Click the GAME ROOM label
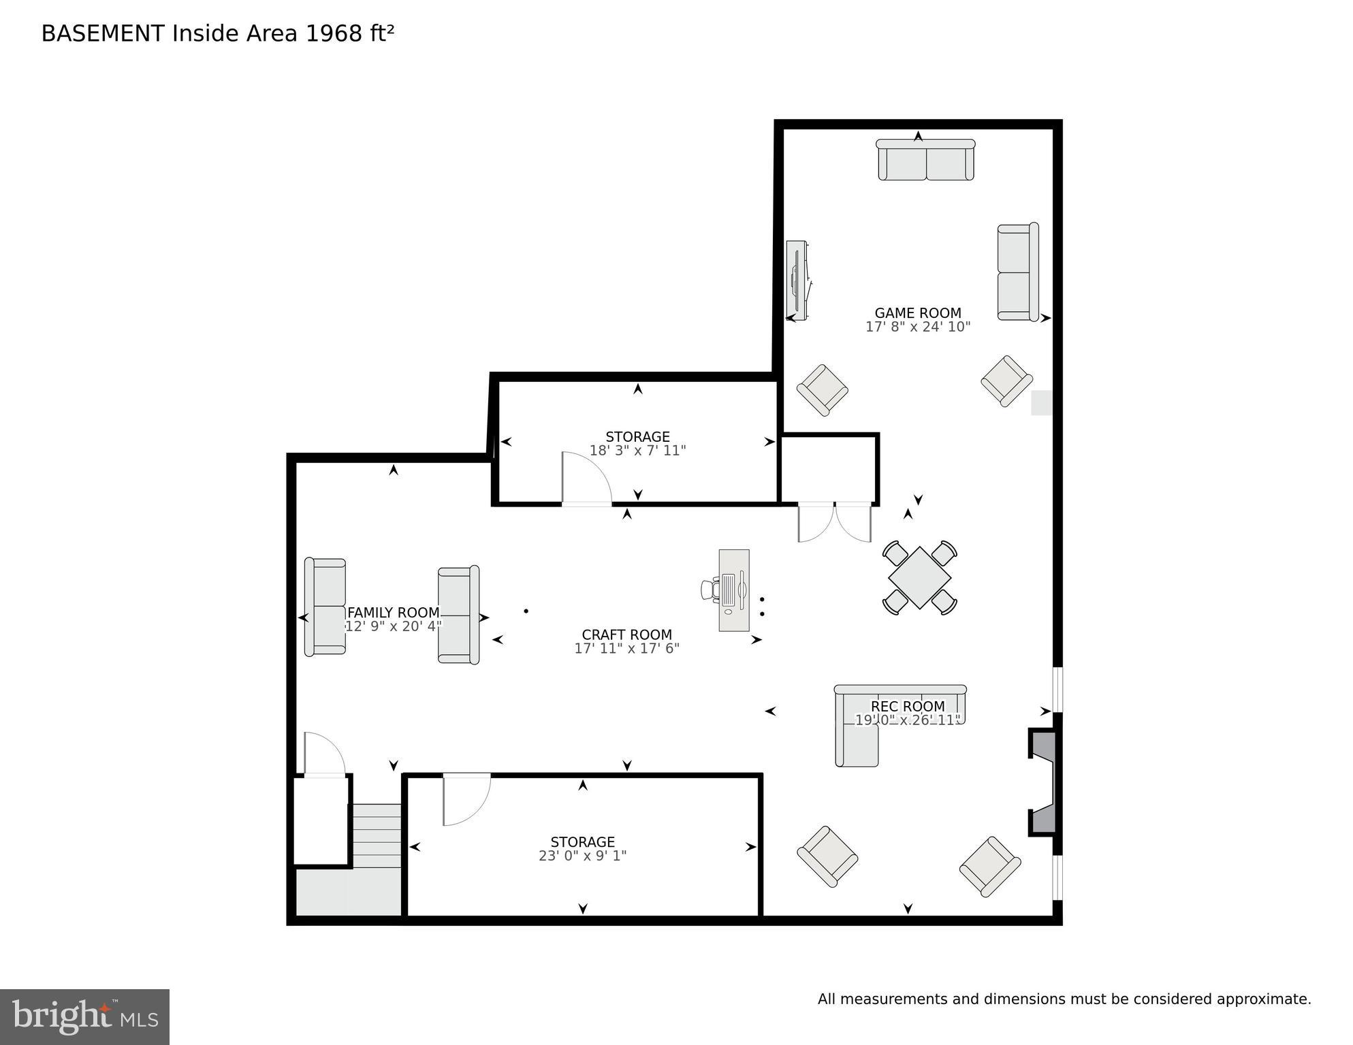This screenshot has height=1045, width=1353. [x=917, y=313]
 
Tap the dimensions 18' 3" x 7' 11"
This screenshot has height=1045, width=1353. [x=637, y=451]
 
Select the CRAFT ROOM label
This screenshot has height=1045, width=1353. [x=626, y=634]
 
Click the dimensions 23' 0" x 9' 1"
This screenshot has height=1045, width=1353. [x=582, y=856]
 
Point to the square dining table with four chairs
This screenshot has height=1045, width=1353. [x=919, y=577]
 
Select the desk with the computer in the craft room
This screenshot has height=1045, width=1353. [x=734, y=590]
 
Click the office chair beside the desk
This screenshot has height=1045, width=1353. [x=710, y=590]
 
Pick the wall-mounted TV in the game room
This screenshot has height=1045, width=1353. [x=797, y=280]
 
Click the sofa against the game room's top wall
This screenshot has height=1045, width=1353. [x=925, y=160]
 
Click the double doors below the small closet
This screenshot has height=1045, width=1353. [x=834, y=522]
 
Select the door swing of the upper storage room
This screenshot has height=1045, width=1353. [x=586, y=479]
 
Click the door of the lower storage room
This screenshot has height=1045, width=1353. [x=466, y=799]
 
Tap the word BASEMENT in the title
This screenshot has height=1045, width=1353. [x=103, y=33]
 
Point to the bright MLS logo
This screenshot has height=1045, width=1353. [x=84, y=1016]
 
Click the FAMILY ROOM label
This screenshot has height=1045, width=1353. [x=393, y=613]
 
